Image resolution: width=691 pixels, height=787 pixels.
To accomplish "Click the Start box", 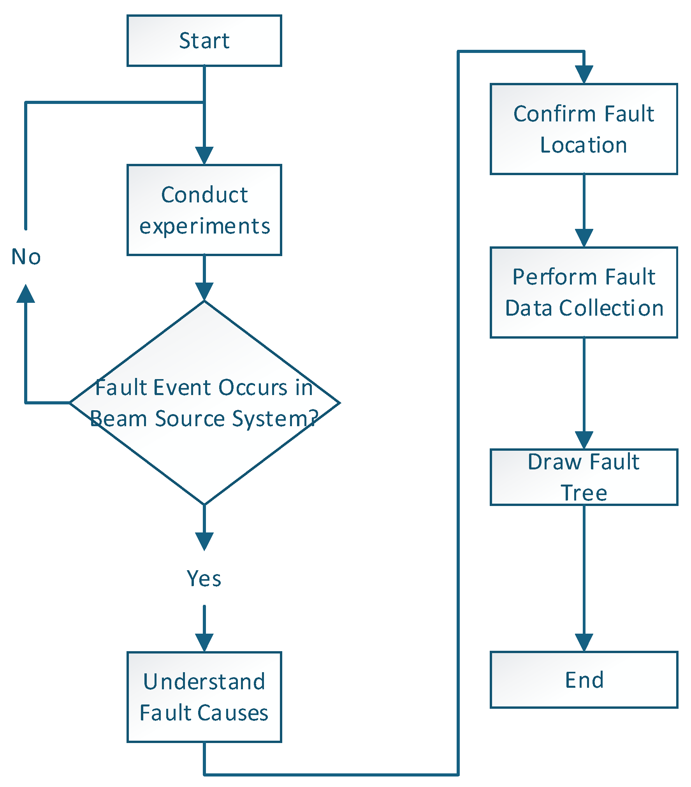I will pyautogui.click(x=204, y=40).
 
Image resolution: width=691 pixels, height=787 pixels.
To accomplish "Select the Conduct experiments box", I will pyautogui.click(x=204, y=210).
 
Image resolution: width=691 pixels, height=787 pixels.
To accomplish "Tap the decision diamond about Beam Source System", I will pyautogui.click(x=204, y=403).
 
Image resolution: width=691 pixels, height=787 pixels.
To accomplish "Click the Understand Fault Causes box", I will pyautogui.click(x=204, y=697).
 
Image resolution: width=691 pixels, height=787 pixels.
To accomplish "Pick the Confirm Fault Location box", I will pyautogui.click(x=584, y=129).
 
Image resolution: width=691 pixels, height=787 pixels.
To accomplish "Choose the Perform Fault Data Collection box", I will pyautogui.click(x=584, y=292).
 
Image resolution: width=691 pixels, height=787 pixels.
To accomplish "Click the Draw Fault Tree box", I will pyautogui.click(x=584, y=477).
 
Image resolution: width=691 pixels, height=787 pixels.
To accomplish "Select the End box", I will pyautogui.click(x=584, y=680).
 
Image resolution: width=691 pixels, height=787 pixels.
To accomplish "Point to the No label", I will pyautogui.click(x=26, y=257).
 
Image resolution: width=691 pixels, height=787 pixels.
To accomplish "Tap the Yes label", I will pyautogui.click(x=204, y=578).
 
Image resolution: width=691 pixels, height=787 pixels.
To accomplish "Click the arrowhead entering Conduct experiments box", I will pyautogui.click(x=204, y=156).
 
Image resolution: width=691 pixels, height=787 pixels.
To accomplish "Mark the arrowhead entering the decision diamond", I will pyautogui.click(x=204, y=291).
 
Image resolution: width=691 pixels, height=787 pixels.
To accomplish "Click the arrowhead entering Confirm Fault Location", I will pyautogui.click(x=584, y=74).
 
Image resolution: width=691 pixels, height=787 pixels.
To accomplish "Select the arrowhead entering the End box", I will pyautogui.click(x=584, y=642).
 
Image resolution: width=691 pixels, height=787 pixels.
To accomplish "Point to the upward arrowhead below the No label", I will pyautogui.click(x=26, y=294).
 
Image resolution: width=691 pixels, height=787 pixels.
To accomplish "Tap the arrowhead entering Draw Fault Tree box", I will pyautogui.click(x=584, y=440).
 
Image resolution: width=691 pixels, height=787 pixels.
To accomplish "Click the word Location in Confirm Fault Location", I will pyautogui.click(x=584, y=145).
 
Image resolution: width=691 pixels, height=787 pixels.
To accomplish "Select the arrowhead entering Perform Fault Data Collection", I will pyautogui.click(x=584, y=238).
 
